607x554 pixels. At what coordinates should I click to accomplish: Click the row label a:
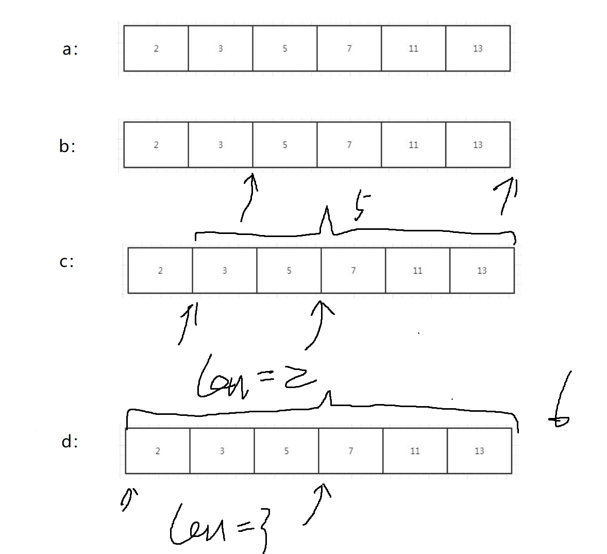point(70,49)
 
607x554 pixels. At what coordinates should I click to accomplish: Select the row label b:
point(67,147)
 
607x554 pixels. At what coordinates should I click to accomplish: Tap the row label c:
point(66,262)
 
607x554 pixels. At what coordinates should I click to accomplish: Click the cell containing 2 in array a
point(156,48)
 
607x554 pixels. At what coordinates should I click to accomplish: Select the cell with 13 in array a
point(478,48)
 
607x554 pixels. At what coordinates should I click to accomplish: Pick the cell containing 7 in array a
point(349,48)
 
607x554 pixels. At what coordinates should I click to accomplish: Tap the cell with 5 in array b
point(285,145)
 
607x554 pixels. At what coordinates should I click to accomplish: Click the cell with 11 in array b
point(413,145)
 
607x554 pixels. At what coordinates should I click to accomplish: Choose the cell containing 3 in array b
point(221,145)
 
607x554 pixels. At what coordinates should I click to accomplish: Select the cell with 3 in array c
point(225,271)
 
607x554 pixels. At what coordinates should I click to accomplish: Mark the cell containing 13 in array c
point(482,271)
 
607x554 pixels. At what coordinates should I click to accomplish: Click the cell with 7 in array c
point(353,271)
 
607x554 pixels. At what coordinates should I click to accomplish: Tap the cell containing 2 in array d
point(158,451)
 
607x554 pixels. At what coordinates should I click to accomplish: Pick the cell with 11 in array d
point(415,451)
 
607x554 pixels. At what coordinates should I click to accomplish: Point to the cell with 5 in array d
point(286,451)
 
